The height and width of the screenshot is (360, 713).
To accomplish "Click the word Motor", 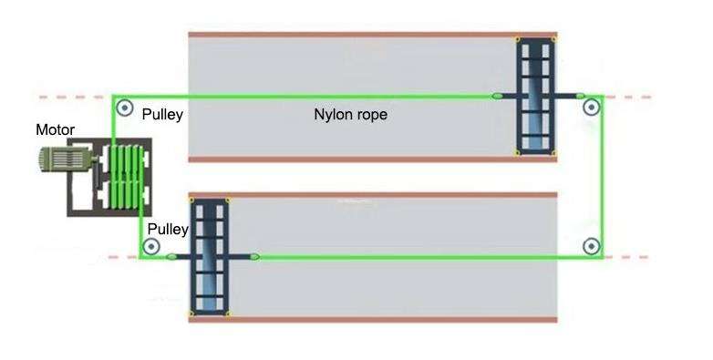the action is pyautogui.click(x=55, y=130).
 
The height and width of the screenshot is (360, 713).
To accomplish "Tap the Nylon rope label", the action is pyautogui.click(x=351, y=114).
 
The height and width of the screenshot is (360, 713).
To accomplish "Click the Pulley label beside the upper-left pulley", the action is pyautogui.click(x=162, y=114).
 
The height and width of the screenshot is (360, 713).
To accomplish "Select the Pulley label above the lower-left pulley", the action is pyautogui.click(x=168, y=229).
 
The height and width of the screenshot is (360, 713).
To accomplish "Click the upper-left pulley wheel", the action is pyautogui.click(x=125, y=108).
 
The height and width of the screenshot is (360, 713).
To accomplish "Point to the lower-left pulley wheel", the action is pyautogui.click(x=151, y=247).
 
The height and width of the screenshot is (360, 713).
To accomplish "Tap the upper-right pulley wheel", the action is pyautogui.click(x=591, y=108).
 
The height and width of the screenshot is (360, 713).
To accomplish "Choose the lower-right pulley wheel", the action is pyautogui.click(x=591, y=246).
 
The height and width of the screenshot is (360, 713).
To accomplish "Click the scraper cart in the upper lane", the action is pyautogui.click(x=535, y=97).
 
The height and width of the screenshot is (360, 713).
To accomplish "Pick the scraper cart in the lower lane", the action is pyautogui.click(x=210, y=257).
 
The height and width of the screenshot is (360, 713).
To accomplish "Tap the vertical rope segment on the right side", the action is pyautogui.click(x=603, y=177).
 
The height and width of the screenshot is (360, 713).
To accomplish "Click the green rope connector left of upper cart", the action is pyautogui.click(x=498, y=96).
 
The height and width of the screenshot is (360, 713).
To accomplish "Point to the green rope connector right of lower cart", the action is pyautogui.click(x=255, y=257).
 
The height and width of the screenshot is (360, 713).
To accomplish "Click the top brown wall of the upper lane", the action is pyautogui.click(x=373, y=35).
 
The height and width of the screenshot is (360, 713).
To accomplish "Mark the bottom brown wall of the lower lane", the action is pyautogui.click(x=373, y=320).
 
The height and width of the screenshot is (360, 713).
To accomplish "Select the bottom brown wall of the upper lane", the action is pyautogui.click(x=373, y=159).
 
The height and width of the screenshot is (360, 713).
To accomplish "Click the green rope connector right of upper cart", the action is pyautogui.click(x=580, y=96).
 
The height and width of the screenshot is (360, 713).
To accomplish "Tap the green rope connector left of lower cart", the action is pyautogui.click(x=171, y=257).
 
